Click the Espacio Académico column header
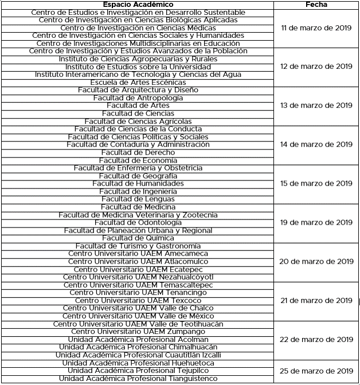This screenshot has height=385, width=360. click(x=138, y=4)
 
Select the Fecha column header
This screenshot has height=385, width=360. click(x=316, y=4)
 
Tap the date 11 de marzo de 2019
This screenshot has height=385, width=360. click(x=316, y=27)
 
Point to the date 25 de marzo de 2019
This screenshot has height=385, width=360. click(x=316, y=371)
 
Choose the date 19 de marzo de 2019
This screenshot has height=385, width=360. click(x=316, y=223)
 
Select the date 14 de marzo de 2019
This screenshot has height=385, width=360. click(x=316, y=145)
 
